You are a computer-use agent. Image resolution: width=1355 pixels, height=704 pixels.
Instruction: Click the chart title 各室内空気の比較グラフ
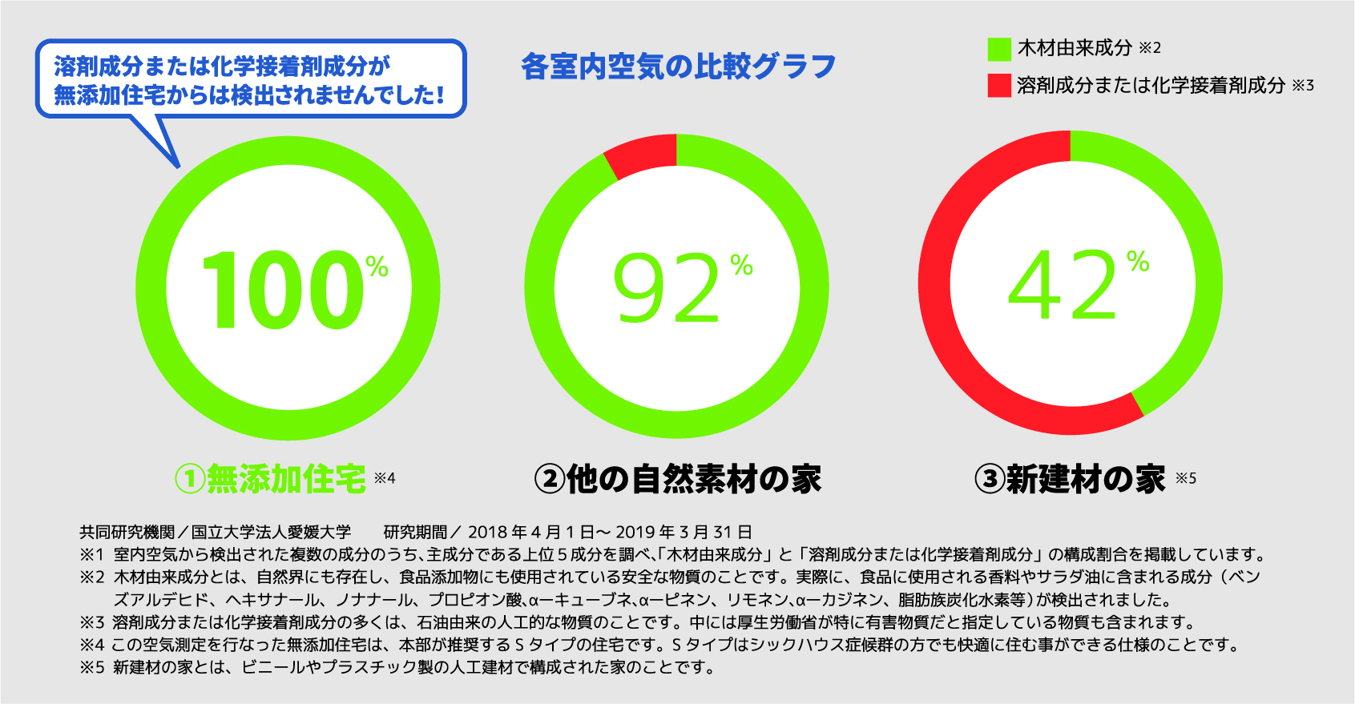[678, 66]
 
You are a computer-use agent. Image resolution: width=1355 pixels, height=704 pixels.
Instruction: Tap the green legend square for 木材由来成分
[999, 49]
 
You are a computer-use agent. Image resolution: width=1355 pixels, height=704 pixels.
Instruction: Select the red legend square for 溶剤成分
[999, 86]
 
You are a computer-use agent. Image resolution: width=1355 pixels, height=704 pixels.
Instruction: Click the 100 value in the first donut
[282, 290]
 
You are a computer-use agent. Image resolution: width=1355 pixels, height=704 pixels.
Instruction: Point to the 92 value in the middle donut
[667, 288]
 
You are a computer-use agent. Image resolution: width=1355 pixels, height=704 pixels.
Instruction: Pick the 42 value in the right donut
[1063, 284]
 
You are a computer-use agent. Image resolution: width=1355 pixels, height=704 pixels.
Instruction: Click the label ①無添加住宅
[271, 479]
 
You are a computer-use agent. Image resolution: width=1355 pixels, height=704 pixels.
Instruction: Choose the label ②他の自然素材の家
[678, 479]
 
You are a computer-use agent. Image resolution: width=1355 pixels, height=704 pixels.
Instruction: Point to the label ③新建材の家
[1071, 479]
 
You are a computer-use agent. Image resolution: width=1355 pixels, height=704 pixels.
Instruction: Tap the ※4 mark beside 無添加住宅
[385, 478]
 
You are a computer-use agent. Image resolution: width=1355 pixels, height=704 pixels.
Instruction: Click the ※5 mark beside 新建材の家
[1186, 478]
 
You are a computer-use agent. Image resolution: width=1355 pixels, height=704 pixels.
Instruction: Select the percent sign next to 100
[377, 267]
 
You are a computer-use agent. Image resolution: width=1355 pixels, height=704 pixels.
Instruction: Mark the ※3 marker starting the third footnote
[92, 622]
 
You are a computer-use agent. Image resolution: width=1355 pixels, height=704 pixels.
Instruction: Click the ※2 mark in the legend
[1150, 48]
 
